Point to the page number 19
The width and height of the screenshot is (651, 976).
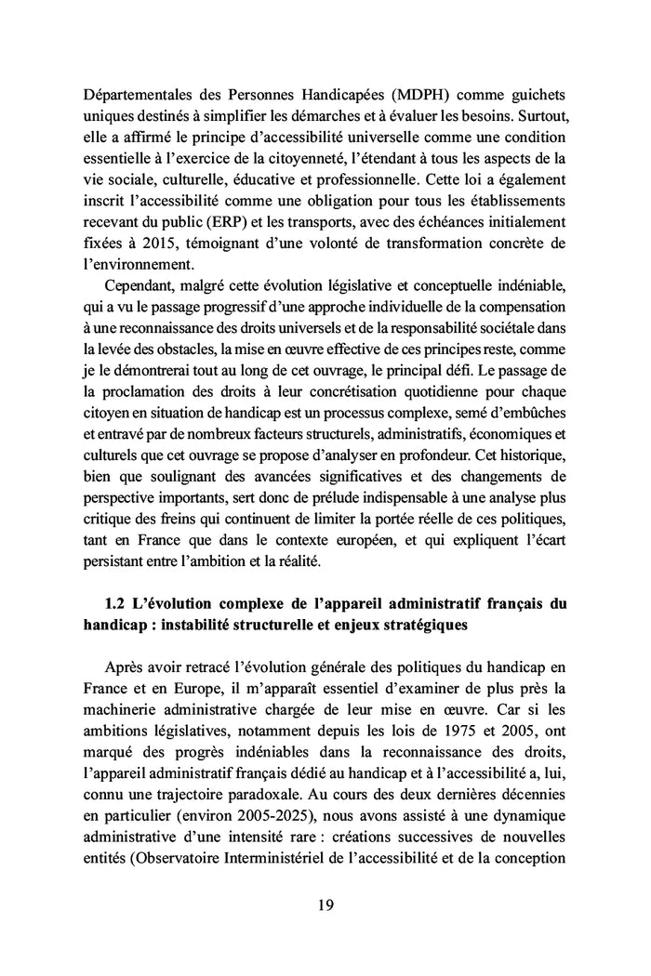325,904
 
